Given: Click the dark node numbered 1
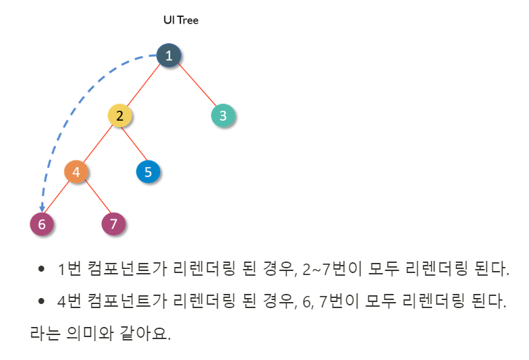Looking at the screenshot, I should coord(169,55).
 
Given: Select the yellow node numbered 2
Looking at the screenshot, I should coord(119,115).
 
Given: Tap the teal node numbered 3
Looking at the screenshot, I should coord(223,115).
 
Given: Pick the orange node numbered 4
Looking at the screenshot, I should coord(76,172).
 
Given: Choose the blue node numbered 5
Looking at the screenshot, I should coord(148,172).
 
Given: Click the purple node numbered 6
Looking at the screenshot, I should coord(42,224).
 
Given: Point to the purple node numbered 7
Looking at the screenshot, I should coord(113,224).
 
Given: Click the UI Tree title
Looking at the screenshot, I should coord(181,20).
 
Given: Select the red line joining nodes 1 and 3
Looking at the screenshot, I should coord(196,86).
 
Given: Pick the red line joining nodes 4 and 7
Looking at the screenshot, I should coord(95,198).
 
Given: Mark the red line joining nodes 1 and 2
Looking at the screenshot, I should coord(144,86).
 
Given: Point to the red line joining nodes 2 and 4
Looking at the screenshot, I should coord(98,144).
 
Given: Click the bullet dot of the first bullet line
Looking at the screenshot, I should coord(41,270).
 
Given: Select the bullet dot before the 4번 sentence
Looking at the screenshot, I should coord(41,301).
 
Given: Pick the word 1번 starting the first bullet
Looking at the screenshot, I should coord(69,270).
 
